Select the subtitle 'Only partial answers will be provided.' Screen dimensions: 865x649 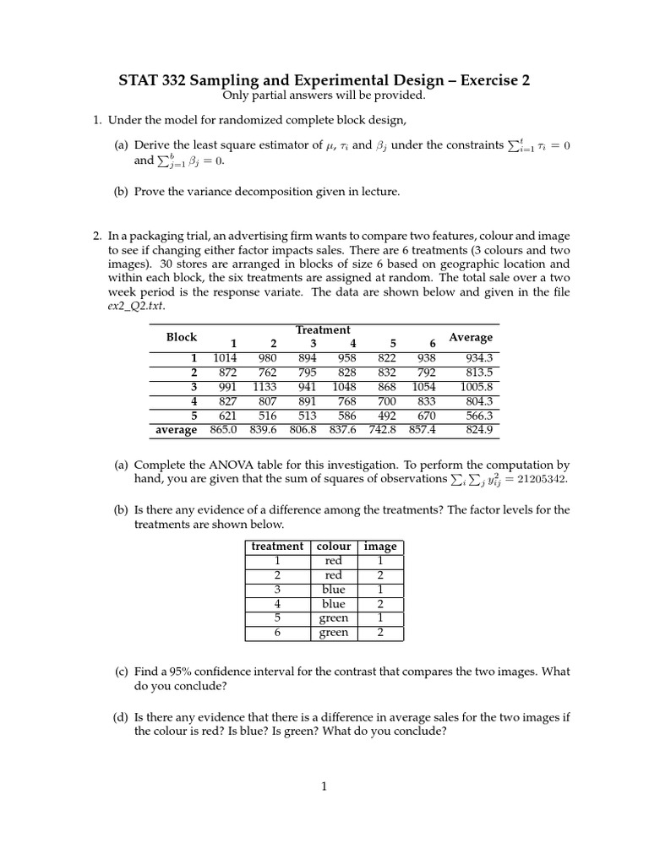pos(324,95)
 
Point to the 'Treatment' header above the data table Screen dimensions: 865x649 pos(323,329)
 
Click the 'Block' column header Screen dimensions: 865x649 pos(181,337)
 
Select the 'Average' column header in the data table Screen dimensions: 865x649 pos(471,337)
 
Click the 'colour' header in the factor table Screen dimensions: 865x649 pos(334,547)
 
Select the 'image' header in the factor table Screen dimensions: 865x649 pos(379,547)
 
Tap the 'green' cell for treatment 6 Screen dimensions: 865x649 pos(334,633)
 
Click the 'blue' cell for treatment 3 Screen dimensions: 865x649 pos(334,590)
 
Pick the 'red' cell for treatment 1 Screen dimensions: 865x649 pos(334,561)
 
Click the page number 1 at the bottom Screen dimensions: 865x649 pos(324,786)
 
